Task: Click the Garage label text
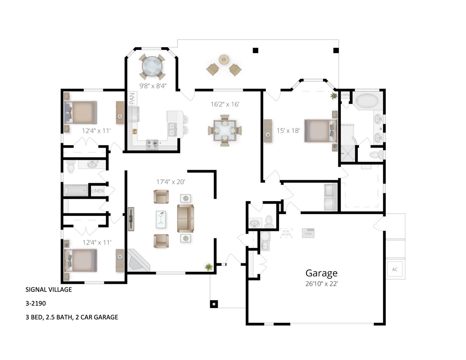[321, 273]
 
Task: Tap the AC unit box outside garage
[395, 269]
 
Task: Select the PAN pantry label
[132, 99]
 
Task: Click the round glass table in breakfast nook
[152, 67]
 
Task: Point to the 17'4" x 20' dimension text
[170, 182]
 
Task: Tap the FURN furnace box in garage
[308, 233]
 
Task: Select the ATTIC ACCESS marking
[286, 233]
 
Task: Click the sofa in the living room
[185, 219]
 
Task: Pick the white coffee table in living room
[161, 219]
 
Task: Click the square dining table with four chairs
[225, 130]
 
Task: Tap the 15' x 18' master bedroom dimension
[288, 130]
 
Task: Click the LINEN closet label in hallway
[97, 191]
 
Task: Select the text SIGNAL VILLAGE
[49, 289]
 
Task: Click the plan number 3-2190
[36, 303]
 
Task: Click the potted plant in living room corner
[209, 267]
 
